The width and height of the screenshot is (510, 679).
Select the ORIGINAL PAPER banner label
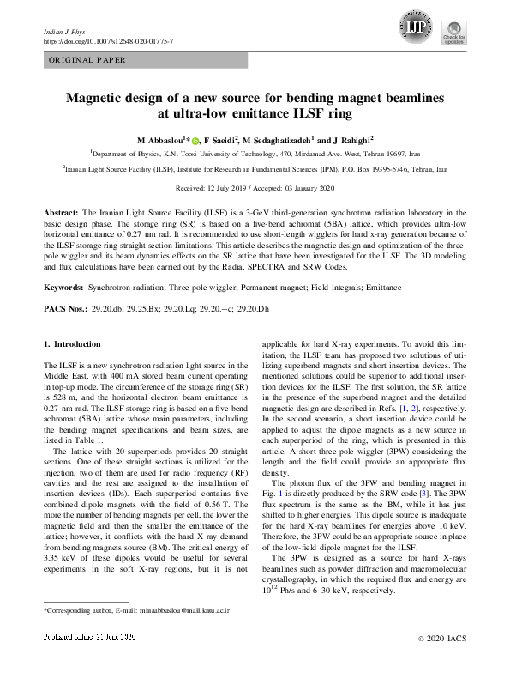tap(87, 60)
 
